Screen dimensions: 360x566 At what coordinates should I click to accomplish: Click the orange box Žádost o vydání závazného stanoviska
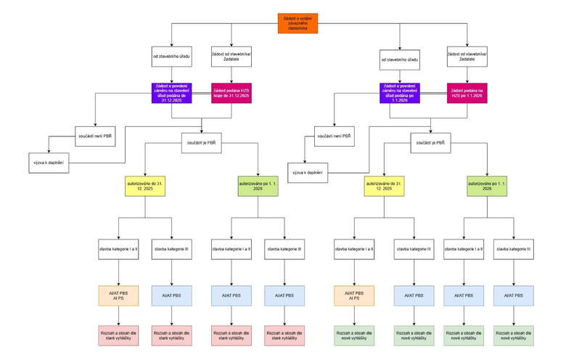(298, 23)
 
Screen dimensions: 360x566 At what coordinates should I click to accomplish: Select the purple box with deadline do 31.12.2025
(172, 91)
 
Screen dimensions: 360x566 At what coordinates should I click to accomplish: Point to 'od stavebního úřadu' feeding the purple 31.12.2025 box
(172, 55)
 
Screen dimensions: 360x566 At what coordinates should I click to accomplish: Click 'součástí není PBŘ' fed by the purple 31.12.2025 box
(95, 135)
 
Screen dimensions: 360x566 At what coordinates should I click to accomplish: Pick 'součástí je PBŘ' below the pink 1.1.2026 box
(430, 143)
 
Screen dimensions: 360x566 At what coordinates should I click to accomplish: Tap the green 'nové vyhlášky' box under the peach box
(353, 335)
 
